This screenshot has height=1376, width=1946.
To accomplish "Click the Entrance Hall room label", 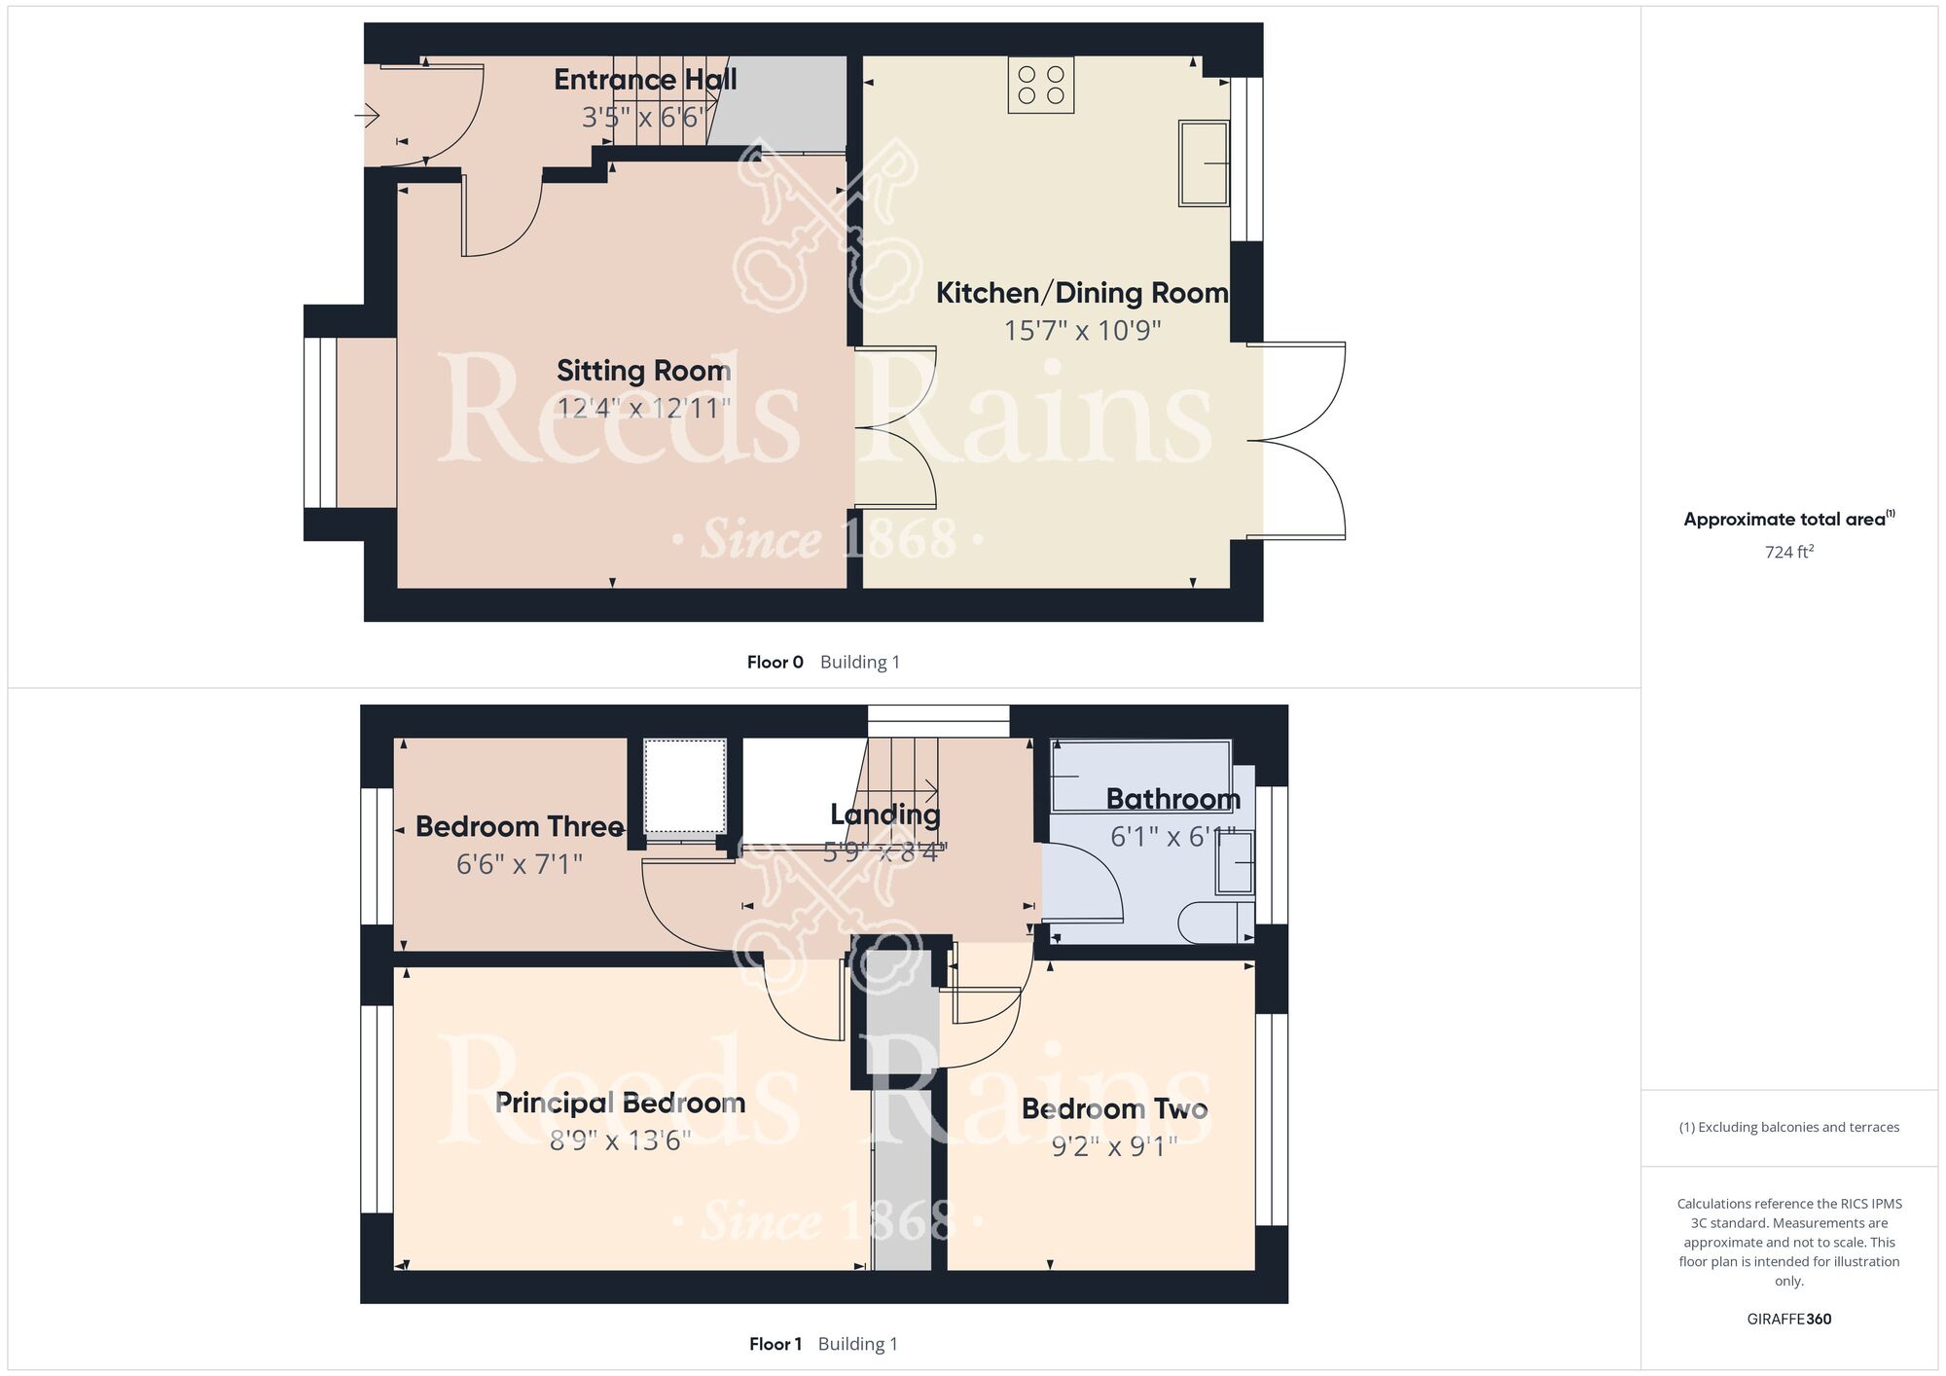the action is point(645,80).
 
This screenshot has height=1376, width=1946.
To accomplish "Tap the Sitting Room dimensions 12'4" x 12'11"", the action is point(643,408).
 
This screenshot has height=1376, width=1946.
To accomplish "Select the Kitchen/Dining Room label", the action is point(1082,293).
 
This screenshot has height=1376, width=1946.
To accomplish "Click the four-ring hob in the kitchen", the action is point(1041,85).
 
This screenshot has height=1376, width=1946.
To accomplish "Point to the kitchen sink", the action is point(1204,163).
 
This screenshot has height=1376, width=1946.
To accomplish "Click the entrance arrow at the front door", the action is point(367,117).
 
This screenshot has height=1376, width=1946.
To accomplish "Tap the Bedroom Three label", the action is point(520,827).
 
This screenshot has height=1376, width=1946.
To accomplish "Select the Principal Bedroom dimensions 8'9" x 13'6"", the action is point(621,1140).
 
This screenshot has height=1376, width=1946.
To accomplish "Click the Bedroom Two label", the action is point(1115,1108).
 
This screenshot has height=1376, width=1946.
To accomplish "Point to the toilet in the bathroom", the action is point(1216,923).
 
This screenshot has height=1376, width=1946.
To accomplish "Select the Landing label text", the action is point(885,815).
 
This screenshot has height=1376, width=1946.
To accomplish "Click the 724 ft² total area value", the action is point(1789,552).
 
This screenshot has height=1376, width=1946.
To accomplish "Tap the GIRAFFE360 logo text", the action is point(1789,1320).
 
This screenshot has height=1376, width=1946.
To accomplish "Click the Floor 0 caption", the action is point(775,663).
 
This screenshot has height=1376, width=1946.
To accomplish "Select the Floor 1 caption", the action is point(775,1345).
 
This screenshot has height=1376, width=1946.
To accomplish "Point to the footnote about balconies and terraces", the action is point(1789,1127).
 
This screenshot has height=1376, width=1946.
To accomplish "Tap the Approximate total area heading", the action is point(1788,519).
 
